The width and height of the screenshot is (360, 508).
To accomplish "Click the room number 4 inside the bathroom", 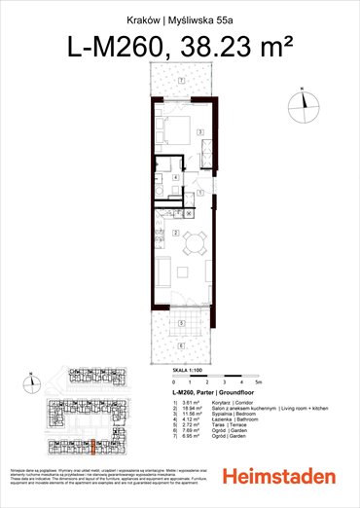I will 173,179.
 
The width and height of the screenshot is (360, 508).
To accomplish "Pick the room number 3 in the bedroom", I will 198,129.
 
